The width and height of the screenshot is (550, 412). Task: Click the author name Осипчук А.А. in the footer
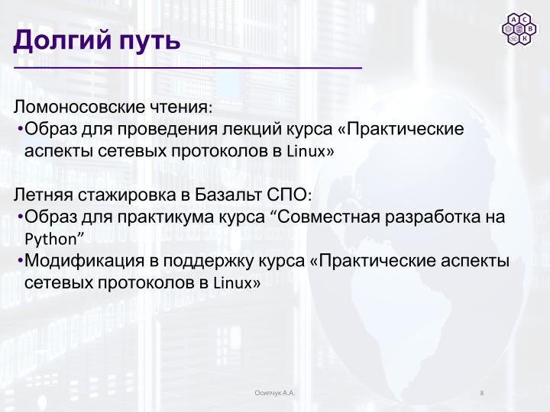(275, 392)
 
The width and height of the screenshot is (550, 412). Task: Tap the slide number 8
(482, 392)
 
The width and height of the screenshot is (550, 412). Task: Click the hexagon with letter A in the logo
(515, 20)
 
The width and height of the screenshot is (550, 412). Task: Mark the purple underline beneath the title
(187, 69)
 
